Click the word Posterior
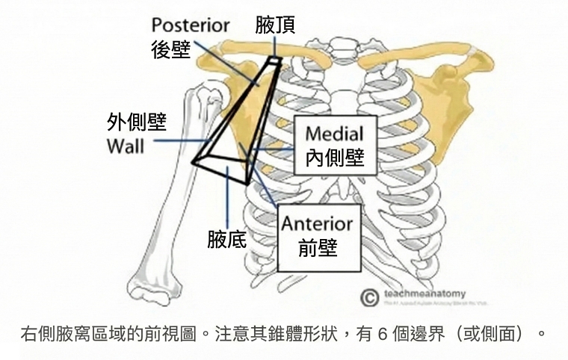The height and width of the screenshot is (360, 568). coord(191,25)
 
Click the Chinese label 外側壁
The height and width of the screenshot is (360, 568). coord(137,122)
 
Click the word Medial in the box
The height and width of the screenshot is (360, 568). coord(335,134)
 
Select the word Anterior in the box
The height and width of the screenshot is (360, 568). coord(317,223)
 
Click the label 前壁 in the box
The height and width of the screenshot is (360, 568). coord(318,249)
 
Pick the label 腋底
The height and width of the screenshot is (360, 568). coord(227,240)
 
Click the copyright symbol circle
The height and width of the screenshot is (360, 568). coord(368,298)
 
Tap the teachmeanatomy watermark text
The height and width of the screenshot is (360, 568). coord(424,294)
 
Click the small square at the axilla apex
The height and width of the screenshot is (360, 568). coord(275,60)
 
